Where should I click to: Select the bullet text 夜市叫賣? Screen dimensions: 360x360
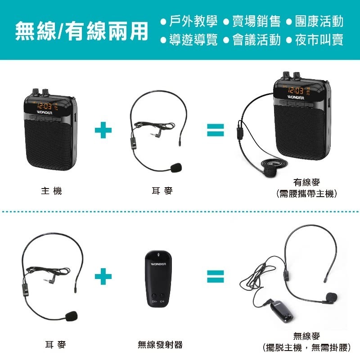coord(319,40)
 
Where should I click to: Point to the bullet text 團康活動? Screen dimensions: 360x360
coord(319,21)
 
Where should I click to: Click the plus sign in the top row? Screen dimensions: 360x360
coord(103,130)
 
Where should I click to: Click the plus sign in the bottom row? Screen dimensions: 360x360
coord(103,276)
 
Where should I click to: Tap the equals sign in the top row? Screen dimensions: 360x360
coord(215,130)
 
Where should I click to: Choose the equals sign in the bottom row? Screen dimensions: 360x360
coord(215,276)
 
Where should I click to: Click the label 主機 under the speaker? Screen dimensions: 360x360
coord(51,191)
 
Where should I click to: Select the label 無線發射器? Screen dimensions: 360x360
coord(160,345)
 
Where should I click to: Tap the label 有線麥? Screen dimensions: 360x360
coord(307,182)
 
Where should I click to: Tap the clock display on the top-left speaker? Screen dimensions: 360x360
coord(44,107)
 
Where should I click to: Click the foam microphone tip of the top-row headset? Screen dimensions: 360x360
coord(175,168)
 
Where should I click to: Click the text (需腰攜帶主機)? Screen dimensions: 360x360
coord(307,194)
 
